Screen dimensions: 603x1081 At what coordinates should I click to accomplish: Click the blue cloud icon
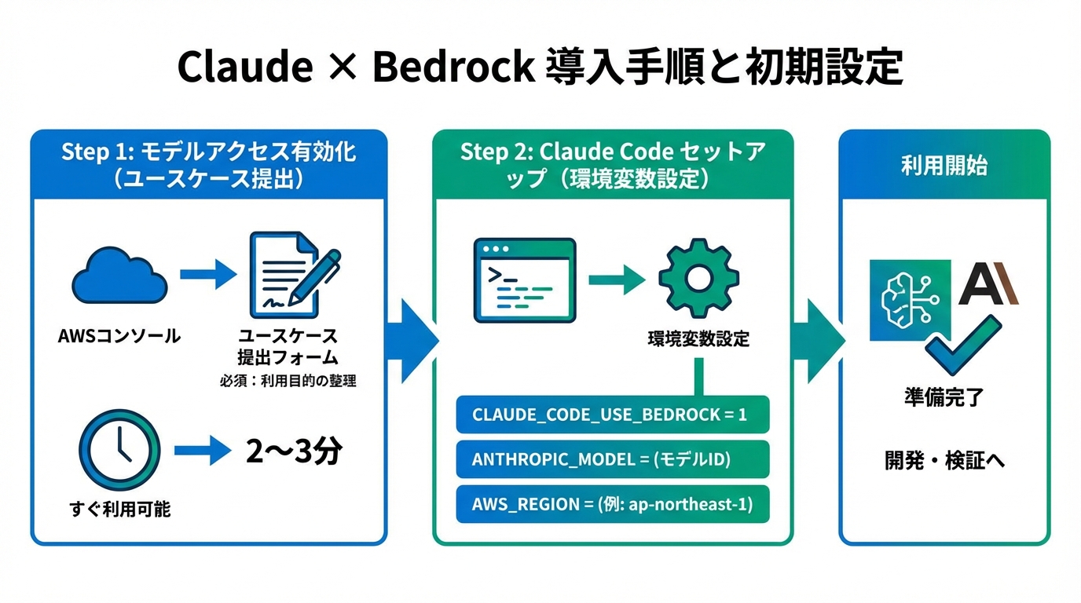point(119,275)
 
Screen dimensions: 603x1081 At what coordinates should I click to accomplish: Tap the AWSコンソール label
point(119,337)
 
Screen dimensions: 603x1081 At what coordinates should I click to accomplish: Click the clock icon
point(119,451)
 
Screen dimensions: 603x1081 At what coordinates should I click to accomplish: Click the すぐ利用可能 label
point(119,509)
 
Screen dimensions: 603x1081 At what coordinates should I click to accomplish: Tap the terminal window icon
point(524,280)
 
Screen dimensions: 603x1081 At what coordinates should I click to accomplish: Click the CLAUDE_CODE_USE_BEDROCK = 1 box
point(613,415)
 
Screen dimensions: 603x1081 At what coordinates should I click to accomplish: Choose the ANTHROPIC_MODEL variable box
point(613,459)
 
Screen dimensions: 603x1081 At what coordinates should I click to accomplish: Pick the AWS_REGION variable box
point(613,504)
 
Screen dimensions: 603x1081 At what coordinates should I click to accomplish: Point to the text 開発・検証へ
point(945,460)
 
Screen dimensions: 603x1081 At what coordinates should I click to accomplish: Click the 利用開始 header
point(944,166)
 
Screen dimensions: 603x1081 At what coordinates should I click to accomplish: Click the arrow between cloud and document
point(207,274)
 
